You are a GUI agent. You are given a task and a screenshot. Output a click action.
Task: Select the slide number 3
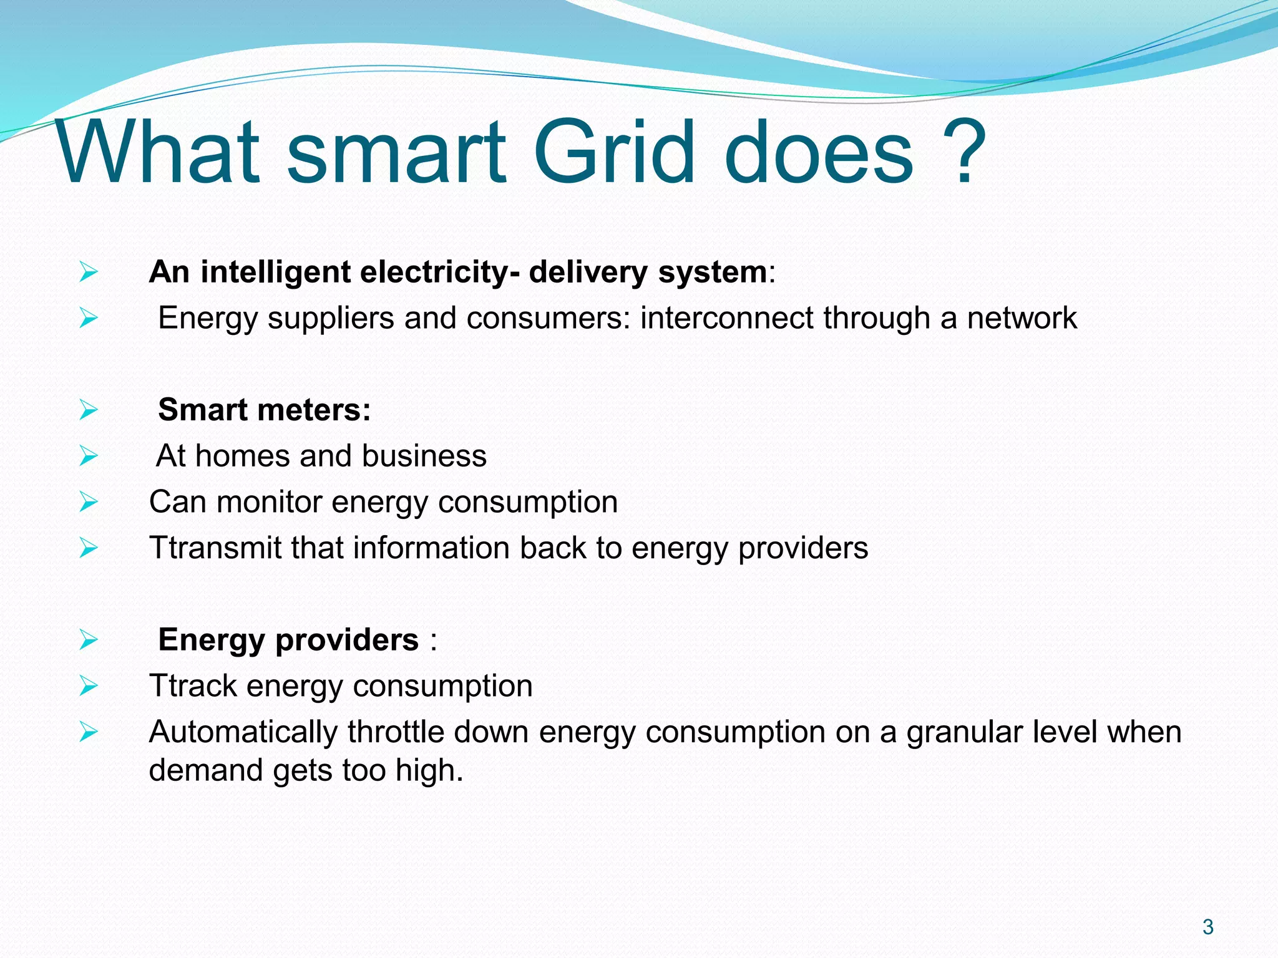[1207, 927]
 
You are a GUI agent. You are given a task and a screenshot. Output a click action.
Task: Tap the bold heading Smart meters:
[264, 410]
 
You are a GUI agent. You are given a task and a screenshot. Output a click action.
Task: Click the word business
[424, 456]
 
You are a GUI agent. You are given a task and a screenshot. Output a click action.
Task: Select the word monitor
[269, 502]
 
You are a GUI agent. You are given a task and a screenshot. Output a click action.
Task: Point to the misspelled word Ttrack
[193, 686]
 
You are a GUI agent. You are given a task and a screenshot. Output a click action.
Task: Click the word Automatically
[243, 732]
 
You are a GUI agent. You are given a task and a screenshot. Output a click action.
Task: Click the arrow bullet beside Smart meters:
[89, 410]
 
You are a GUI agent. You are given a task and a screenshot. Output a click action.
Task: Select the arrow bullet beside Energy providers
[89, 640]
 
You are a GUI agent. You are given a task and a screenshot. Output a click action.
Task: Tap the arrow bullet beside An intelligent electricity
[89, 273]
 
